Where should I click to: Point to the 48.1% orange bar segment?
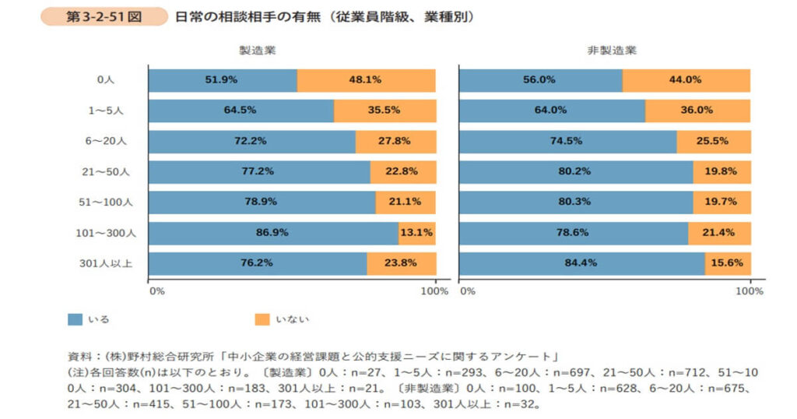(x=366, y=79)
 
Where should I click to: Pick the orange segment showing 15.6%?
(x=728, y=262)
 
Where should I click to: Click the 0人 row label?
(x=106, y=79)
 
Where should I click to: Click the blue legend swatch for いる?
(x=75, y=319)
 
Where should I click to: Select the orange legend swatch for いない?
(x=262, y=319)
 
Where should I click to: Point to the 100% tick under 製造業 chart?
(x=434, y=291)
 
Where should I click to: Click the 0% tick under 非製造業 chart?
(x=467, y=291)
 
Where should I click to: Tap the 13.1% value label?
(x=416, y=232)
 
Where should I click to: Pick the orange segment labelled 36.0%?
(x=697, y=110)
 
